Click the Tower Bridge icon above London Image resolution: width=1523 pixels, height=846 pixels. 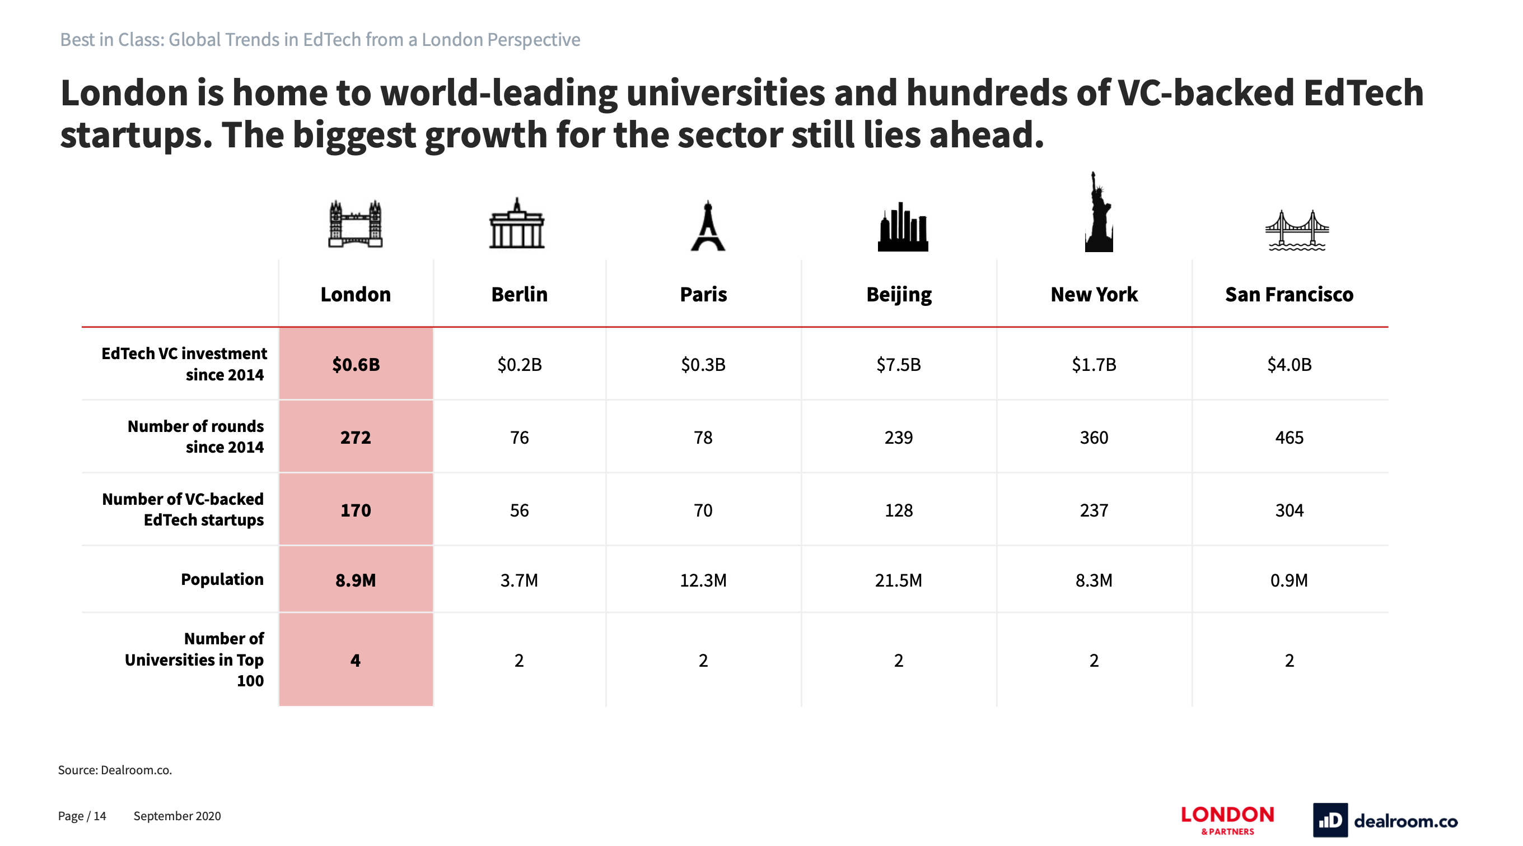tap(356, 224)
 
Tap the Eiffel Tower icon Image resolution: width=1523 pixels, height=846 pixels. tap(708, 226)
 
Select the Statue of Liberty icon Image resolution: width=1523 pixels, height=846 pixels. tap(1098, 213)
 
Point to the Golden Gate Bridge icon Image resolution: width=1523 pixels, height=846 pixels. tap(1297, 230)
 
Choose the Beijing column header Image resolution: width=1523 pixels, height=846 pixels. tap(899, 295)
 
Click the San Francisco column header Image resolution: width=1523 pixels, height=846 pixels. tap(1289, 295)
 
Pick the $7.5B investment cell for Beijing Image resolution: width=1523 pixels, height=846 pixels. tap(899, 364)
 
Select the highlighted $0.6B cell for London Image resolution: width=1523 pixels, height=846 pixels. tap(356, 364)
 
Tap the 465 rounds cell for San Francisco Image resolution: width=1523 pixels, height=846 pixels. tap(1289, 438)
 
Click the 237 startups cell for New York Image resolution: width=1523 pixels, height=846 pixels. tap(1094, 510)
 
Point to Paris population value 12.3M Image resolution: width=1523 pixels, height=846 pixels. tap(703, 580)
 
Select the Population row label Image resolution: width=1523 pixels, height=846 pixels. tap(222, 580)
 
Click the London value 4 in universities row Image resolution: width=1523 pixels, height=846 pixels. tap(356, 660)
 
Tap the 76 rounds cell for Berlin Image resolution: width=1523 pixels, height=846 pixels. tap(519, 438)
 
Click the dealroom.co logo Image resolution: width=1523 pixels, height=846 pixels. tap(1385, 821)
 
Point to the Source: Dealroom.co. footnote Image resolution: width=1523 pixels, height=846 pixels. tap(115, 770)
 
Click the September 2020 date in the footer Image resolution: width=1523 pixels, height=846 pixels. tap(177, 816)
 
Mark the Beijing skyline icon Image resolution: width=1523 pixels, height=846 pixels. tap(903, 228)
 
